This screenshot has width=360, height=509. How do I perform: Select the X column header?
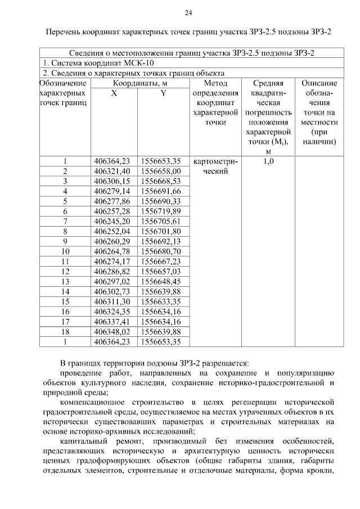[x=114, y=93]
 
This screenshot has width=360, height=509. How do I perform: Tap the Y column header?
[x=163, y=93]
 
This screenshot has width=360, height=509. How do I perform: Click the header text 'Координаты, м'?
[x=138, y=83]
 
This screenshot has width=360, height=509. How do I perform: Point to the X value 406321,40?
[x=112, y=171]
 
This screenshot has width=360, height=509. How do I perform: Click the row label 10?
[x=65, y=251]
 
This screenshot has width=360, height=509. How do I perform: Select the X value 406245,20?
[x=112, y=221]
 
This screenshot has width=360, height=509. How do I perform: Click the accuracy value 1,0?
[x=268, y=161]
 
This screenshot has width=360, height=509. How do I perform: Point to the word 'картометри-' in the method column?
[x=215, y=161]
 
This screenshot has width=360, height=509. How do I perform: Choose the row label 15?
[x=65, y=301]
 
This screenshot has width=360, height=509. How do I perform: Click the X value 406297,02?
[x=112, y=281]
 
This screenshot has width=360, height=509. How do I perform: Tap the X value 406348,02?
[x=112, y=331]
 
